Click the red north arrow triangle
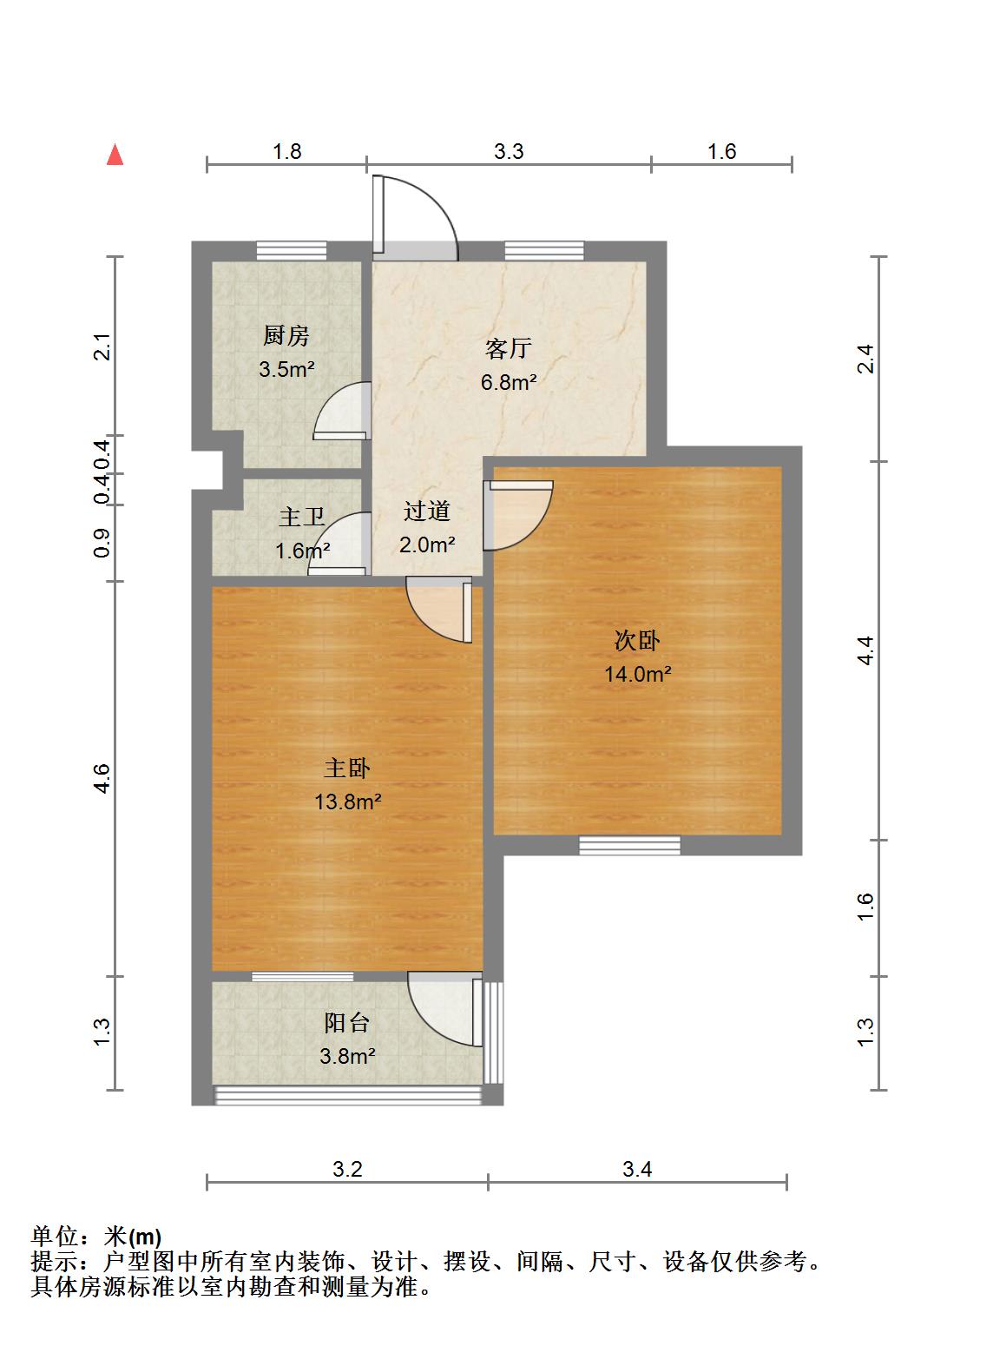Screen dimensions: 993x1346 point(115,155)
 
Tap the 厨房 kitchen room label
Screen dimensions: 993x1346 point(286,335)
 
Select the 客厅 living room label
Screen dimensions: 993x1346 point(509,348)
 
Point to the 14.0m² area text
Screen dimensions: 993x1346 point(637,674)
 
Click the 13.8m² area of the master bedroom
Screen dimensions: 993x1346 point(347,802)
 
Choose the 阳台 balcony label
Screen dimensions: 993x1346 point(346,1023)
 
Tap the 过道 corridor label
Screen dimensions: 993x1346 point(426,511)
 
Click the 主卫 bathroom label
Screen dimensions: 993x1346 point(301,517)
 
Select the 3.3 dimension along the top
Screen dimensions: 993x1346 point(509,151)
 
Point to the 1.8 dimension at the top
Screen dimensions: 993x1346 point(287,151)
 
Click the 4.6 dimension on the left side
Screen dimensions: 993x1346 point(102,779)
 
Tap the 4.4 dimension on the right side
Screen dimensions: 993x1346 point(865,650)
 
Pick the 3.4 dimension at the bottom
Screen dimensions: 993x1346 point(637,1169)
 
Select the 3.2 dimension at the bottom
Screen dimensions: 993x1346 point(347,1169)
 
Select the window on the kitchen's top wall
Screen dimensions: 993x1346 point(291,251)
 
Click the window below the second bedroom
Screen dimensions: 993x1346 point(629,845)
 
